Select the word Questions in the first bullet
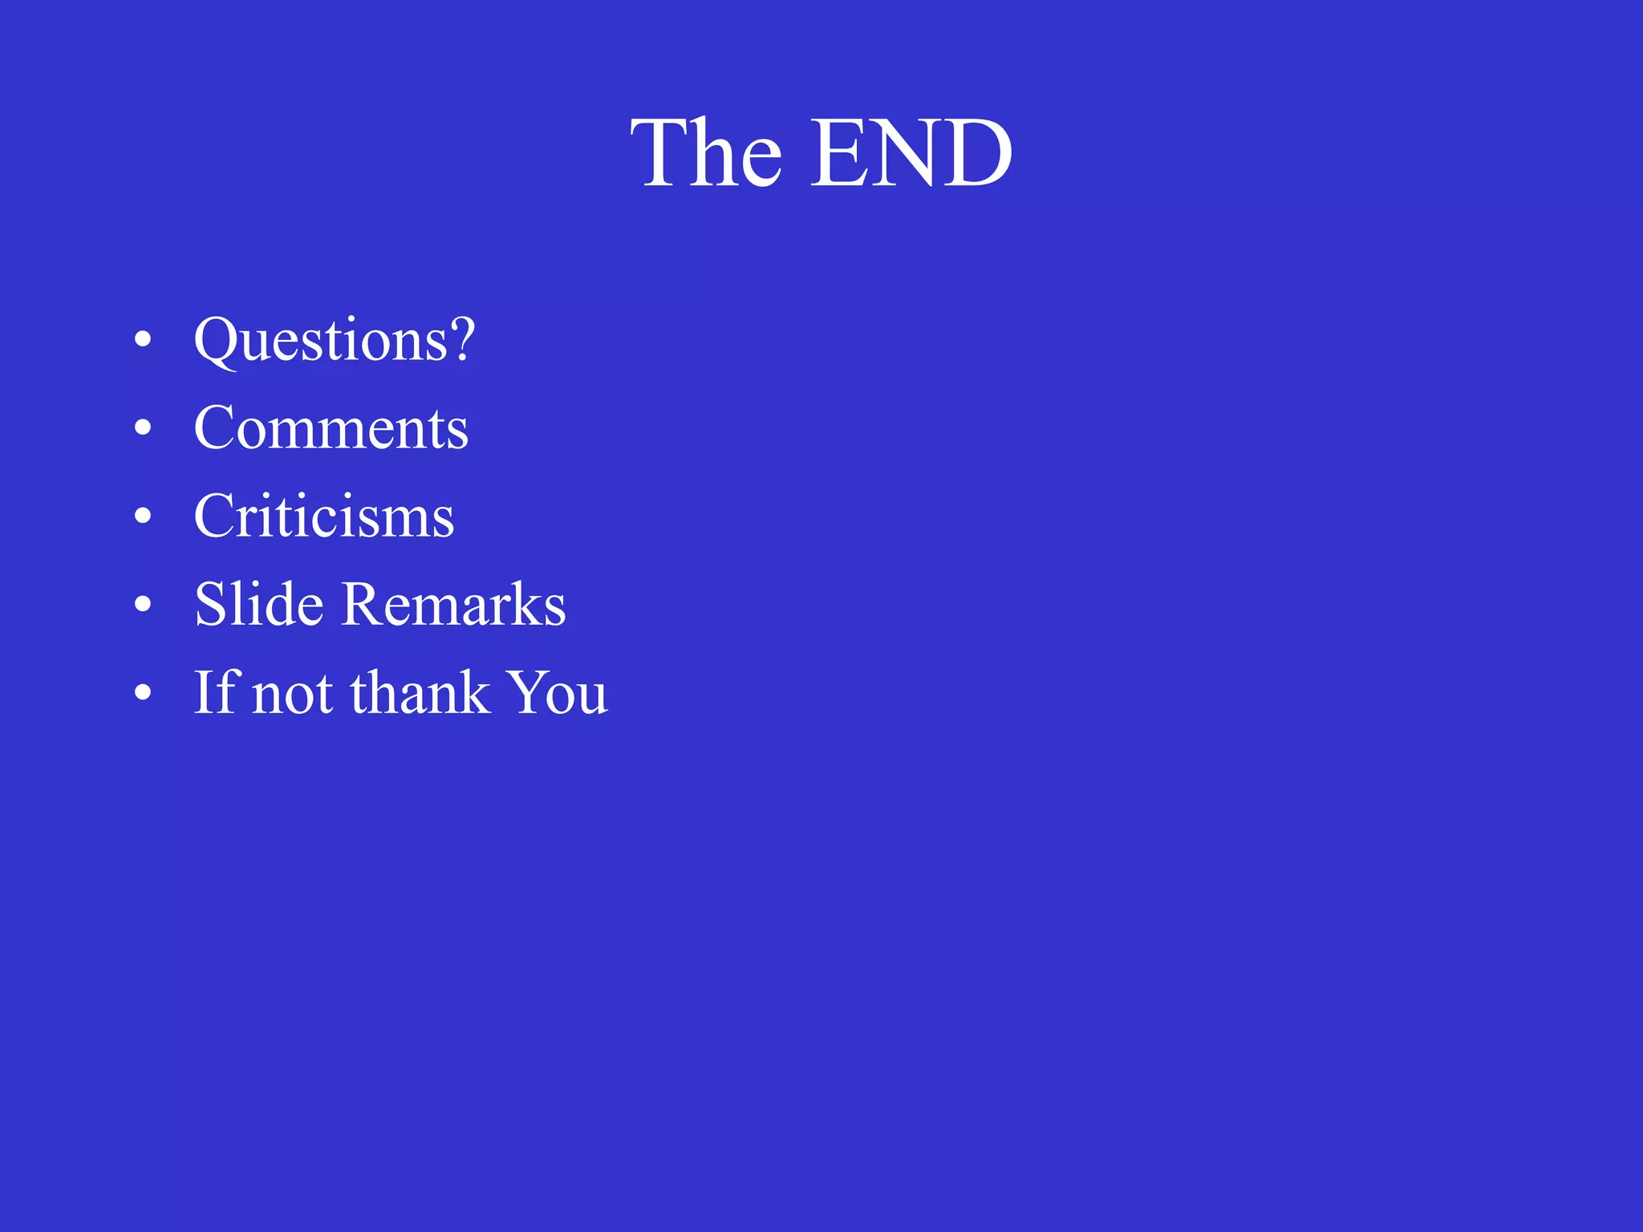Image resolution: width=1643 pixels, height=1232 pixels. tap(321, 341)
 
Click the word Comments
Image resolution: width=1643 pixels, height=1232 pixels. tap(331, 428)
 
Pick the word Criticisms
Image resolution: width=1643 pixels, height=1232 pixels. tap(324, 517)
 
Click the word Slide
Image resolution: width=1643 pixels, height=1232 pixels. tap(259, 604)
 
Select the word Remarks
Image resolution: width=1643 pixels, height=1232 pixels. tap(454, 604)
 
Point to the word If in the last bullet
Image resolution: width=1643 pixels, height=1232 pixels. tap(215, 692)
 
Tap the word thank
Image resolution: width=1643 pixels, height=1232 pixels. tap(420, 692)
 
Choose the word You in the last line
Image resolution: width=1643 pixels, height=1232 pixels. tap(559, 692)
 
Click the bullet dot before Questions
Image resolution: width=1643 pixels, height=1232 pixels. tap(143, 339)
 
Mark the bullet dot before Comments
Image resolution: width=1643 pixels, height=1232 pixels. tap(143, 428)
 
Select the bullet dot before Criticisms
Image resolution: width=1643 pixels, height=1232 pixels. tap(143, 516)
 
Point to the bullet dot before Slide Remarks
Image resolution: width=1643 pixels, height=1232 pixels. tap(143, 604)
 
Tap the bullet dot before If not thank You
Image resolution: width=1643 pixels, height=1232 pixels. tap(143, 692)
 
